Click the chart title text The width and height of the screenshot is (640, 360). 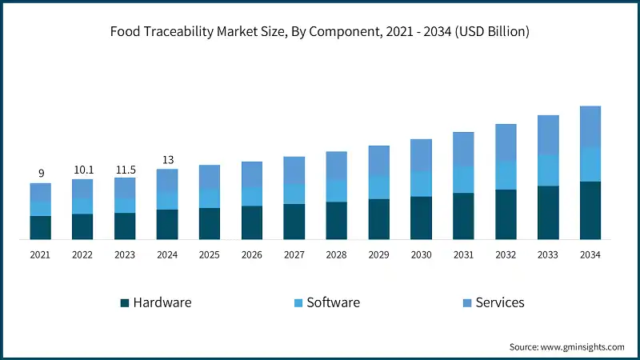coord(320,32)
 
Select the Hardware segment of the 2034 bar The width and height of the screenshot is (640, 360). coord(590,210)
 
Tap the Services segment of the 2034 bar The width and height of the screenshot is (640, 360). coord(590,126)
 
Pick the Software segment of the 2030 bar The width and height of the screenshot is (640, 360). coord(421,183)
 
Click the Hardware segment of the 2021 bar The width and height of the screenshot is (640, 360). coord(41,227)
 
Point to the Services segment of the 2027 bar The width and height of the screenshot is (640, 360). coord(294,170)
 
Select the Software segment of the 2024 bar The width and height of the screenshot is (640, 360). coord(167,200)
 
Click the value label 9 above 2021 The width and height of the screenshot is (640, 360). coord(41,172)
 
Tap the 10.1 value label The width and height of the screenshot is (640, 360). coord(82,169)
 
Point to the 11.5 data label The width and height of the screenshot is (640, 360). coord(125,167)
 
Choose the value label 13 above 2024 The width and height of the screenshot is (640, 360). coord(167,158)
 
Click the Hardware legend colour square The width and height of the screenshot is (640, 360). coord(125,303)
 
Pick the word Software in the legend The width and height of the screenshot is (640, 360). coord(333,302)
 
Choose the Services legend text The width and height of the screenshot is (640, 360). coord(500,302)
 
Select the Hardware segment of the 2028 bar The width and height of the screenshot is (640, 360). coord(336,220)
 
